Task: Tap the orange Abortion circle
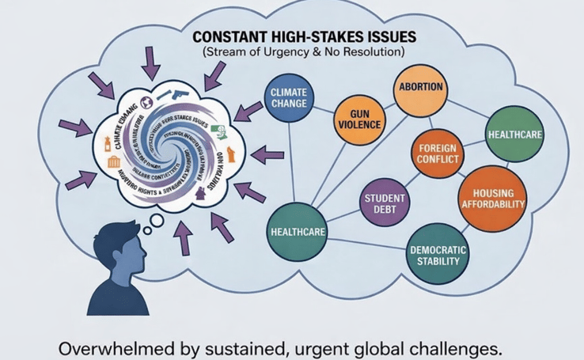[420, 86]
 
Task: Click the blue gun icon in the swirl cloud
[181, 93]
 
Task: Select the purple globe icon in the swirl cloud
[146, 101]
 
